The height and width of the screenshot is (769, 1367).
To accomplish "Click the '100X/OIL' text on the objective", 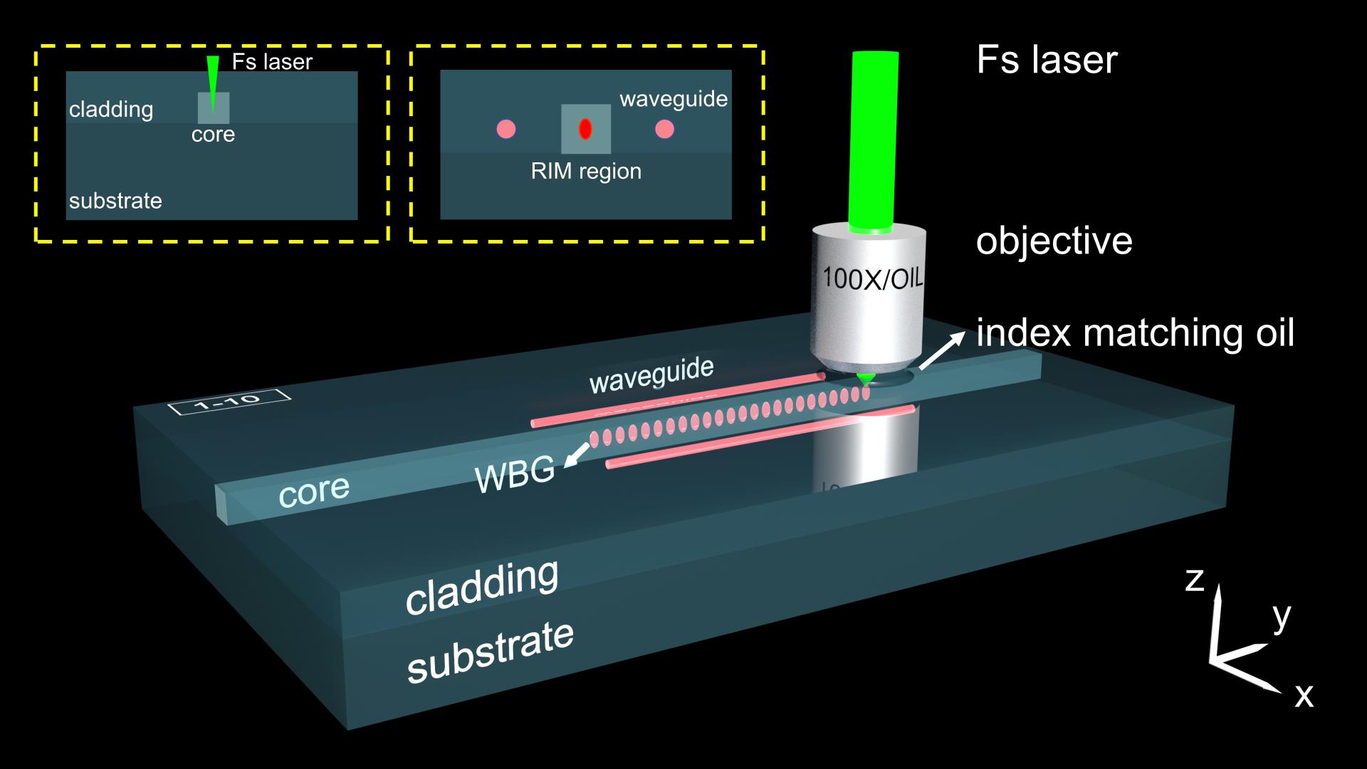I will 871,277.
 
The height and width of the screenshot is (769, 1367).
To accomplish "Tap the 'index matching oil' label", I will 1135,333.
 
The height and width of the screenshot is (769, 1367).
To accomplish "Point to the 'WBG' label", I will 515,474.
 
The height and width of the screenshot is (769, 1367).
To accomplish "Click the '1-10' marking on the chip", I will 229,403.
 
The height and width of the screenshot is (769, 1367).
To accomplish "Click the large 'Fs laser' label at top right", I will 1047,60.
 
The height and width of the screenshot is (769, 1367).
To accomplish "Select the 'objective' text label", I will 1054,241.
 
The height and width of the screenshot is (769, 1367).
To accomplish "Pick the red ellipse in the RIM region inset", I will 585,129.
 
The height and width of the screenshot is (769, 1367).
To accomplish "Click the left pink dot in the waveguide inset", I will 506,129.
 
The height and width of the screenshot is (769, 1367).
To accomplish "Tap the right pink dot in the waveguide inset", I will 664,129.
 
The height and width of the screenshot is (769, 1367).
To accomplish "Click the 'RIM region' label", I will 586,172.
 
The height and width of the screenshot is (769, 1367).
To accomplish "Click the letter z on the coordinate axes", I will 1195,580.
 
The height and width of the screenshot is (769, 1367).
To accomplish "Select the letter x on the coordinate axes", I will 1304,694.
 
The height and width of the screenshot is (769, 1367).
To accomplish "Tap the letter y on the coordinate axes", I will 1282,616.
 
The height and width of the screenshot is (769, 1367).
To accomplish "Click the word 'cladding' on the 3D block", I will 481,587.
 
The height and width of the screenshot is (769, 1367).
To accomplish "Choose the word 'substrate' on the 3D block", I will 490,652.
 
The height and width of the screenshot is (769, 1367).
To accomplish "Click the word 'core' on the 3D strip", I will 313,491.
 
